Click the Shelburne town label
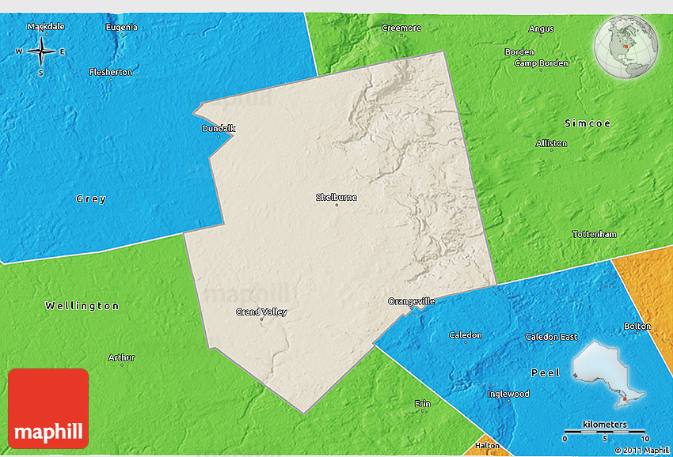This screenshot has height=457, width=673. tap(336, 197)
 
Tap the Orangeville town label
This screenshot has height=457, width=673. tap(412, 301)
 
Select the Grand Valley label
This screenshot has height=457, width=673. tap(261, 312)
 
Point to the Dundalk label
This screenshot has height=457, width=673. tap(219, 128)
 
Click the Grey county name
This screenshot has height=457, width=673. tap(91, 199)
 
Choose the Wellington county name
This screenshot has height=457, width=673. tap(82, 306)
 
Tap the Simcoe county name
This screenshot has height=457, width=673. tap(587, 123)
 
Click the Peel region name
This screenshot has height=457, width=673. tap(546, 372)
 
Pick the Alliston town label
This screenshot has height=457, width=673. tap(551, 143)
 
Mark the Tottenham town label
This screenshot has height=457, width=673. tap(594, 234)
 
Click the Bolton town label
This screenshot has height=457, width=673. tap(637, 326)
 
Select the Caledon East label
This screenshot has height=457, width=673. tap(551, 337)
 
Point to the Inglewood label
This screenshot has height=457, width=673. tap(508, 394)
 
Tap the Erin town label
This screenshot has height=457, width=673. tap(423, 404)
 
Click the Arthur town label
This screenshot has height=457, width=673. tap(121, 357)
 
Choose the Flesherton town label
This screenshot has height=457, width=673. tap(111, 72)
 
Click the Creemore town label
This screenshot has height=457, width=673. tap(401, 28)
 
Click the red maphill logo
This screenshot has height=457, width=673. tap(48, 408)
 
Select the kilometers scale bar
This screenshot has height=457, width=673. tap(605, 433)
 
